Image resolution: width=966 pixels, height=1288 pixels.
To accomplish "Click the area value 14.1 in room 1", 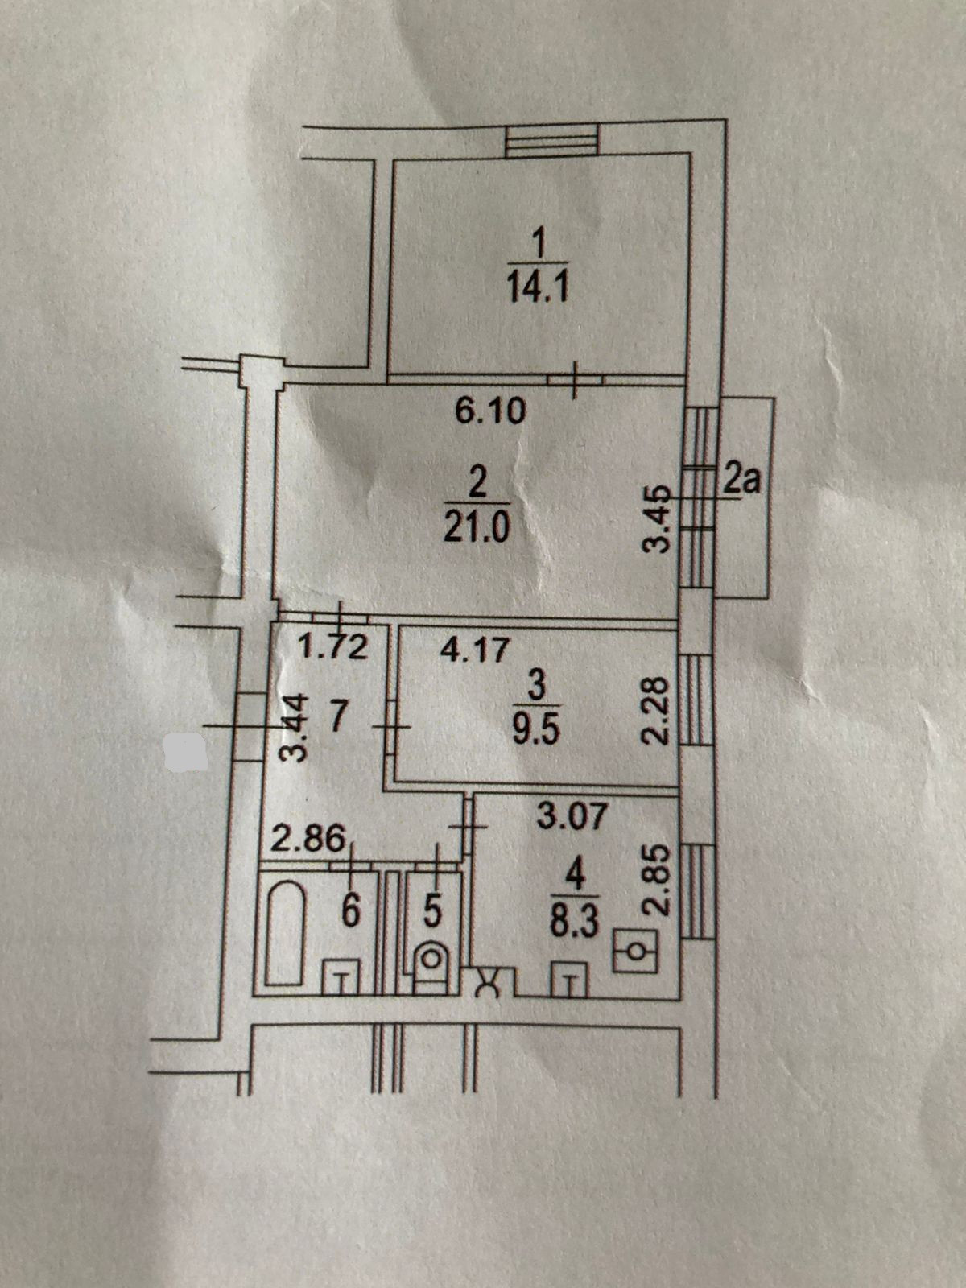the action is click(x=538, y=287).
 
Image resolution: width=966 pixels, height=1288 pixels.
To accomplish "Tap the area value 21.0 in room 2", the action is click(x=477, y=529).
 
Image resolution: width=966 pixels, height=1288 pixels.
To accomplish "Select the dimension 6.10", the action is click(x=489, y=411).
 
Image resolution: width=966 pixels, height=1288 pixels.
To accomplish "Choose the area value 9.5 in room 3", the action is click(x=538, y=733).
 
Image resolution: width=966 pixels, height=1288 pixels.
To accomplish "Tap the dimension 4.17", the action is click(x=475, y=649).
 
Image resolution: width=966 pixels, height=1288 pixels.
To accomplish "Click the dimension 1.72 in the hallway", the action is click(x=334, y=646).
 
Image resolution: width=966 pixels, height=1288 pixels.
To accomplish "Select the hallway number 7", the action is click(x=339, y=716).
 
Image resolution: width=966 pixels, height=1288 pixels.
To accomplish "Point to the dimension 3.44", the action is click(x=297, y=728).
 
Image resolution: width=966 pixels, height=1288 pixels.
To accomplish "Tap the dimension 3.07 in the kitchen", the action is click(x=570, y=817).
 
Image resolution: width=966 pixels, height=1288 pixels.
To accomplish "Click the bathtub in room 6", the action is click(x=283, y=935).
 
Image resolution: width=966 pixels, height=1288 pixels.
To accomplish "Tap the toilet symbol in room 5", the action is click(x=432, y=960).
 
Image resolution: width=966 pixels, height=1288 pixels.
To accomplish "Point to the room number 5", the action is click(x=431, y=911).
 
